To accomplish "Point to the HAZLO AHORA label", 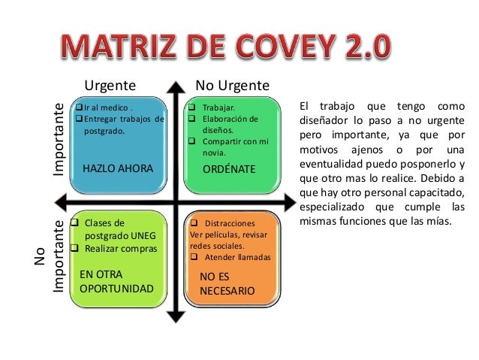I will [x=117, y=169].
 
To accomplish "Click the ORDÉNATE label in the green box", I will [x=229, y=169].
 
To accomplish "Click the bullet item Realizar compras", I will [x=121, y=248].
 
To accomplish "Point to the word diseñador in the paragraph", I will [x=330, y=120].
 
